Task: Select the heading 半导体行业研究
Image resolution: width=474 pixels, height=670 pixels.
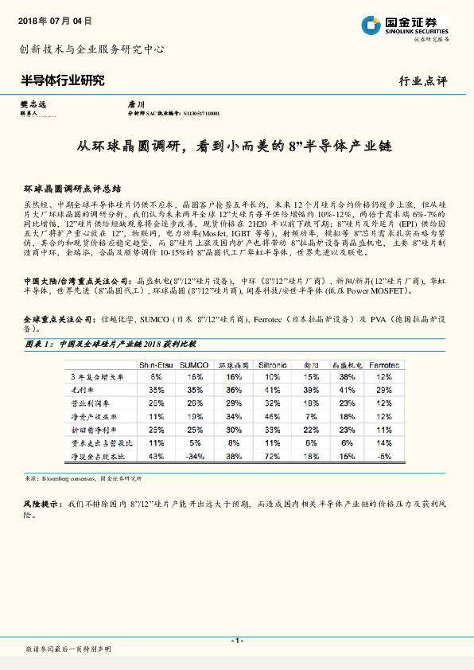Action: pyautogui.click(x=62, y=80)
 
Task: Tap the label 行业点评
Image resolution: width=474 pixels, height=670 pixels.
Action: pyautogui.click(x=424, y=81)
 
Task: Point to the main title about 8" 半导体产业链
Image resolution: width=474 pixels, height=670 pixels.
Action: pyautogui.click(x=235, y=146)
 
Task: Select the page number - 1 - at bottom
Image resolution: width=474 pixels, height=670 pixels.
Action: pyautogui.click(x=236, y=641)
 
